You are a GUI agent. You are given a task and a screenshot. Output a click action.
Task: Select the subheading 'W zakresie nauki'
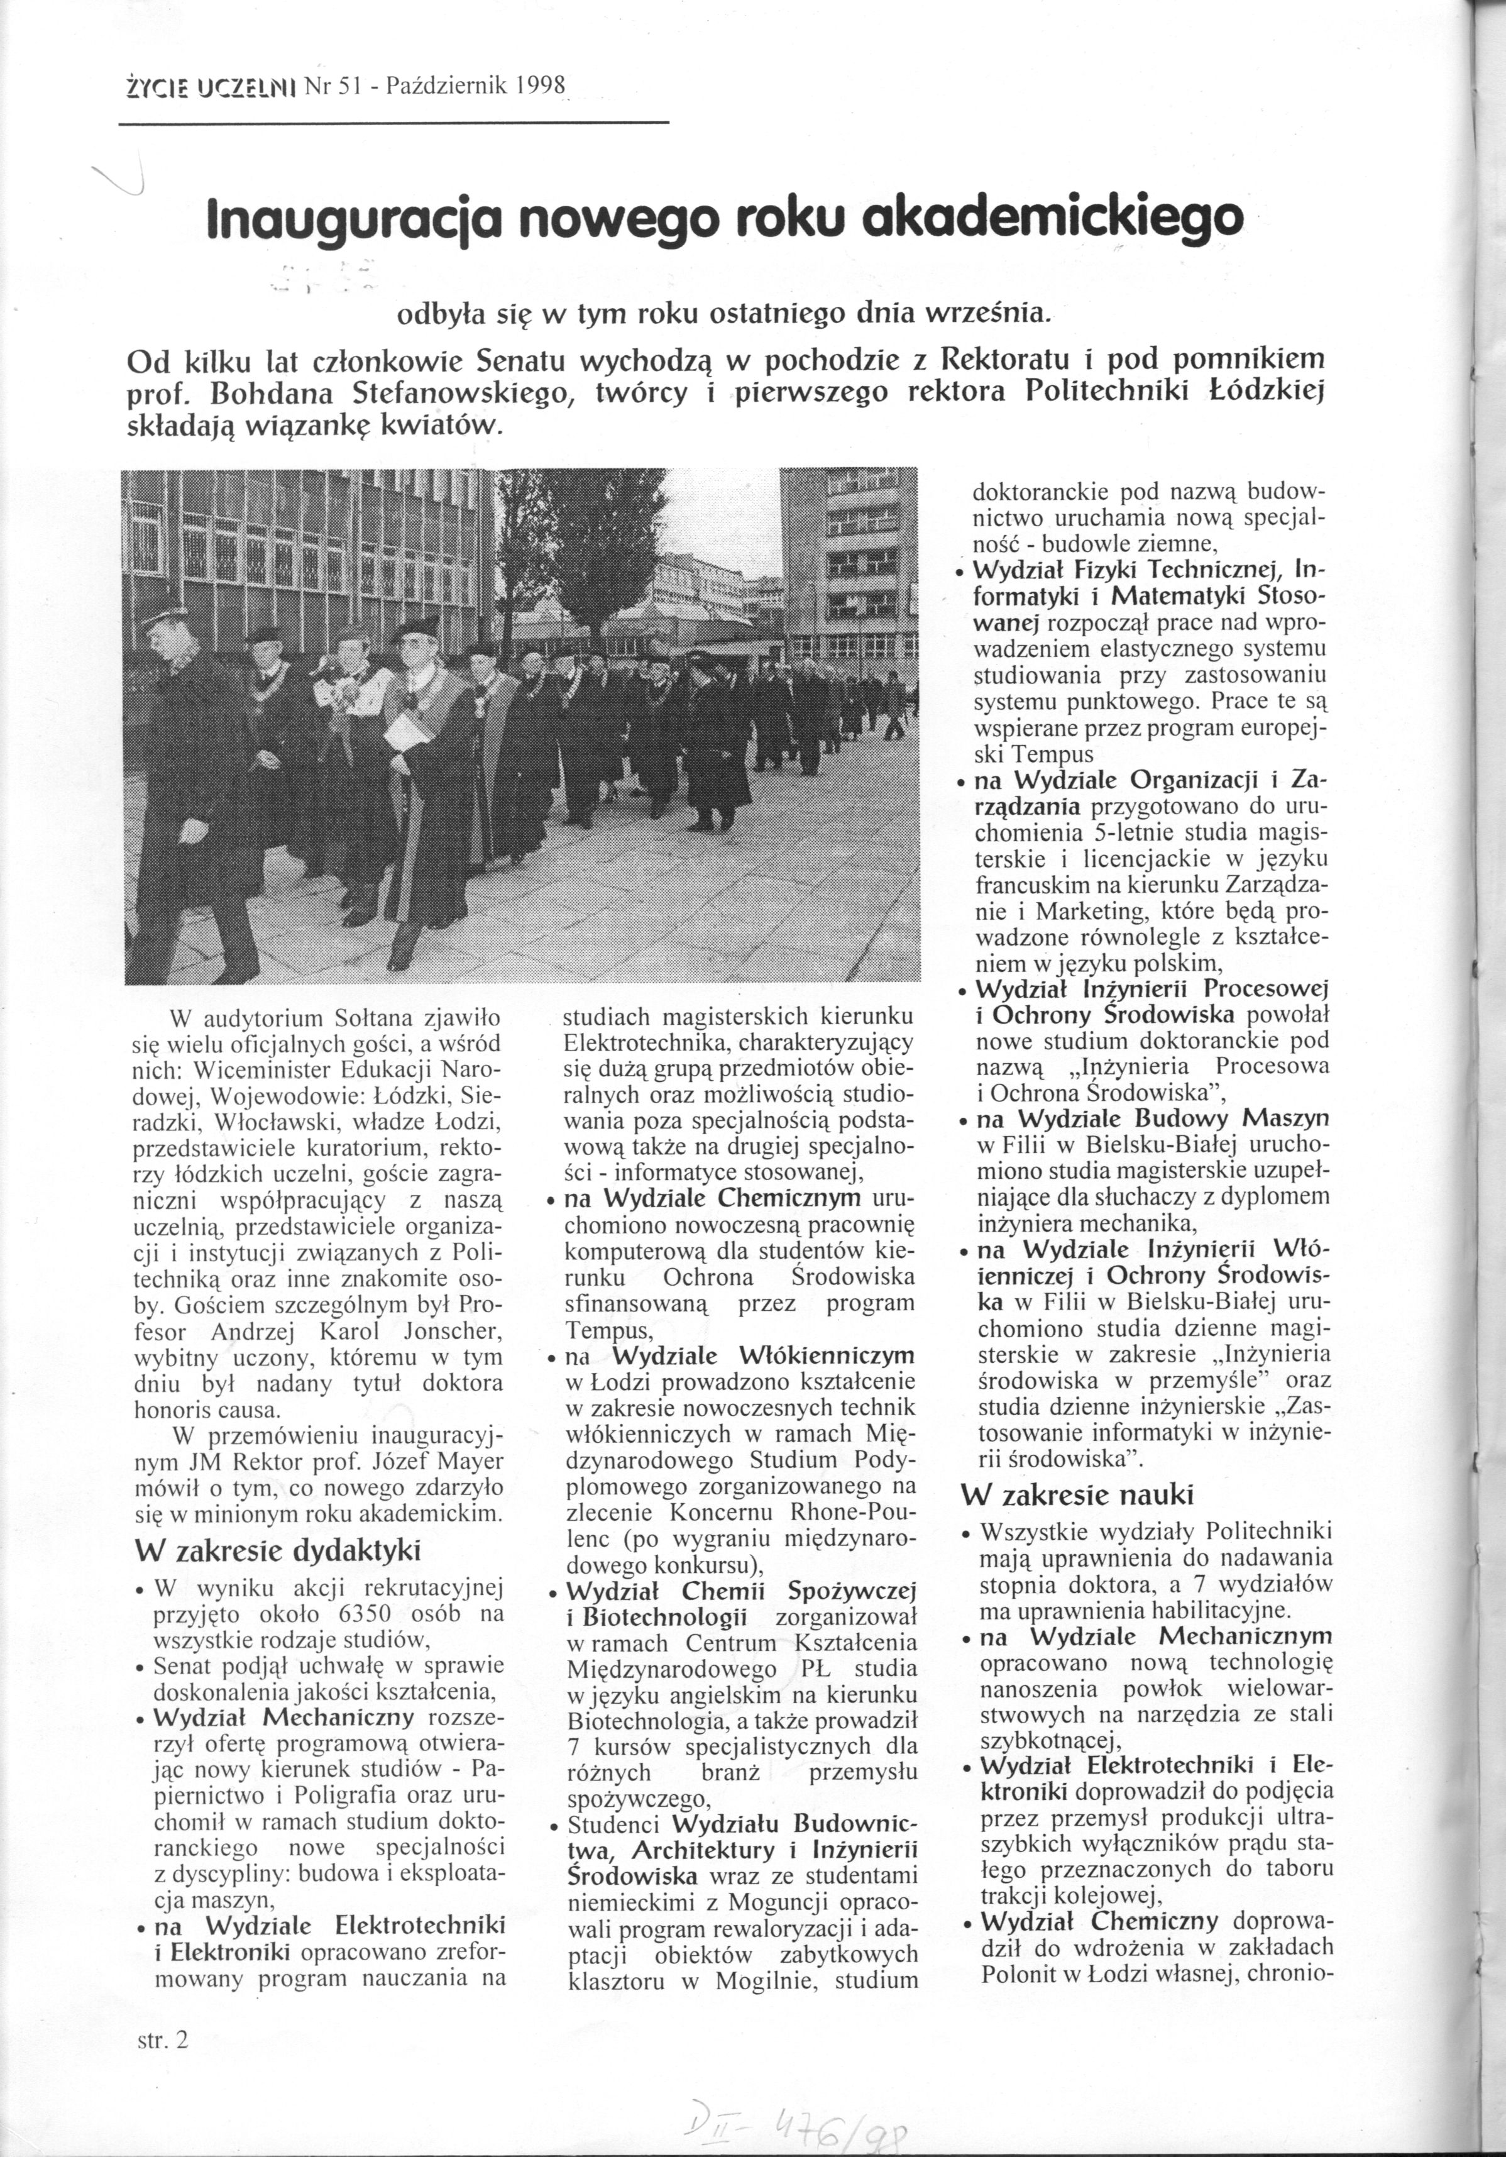coord(1075,1494)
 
